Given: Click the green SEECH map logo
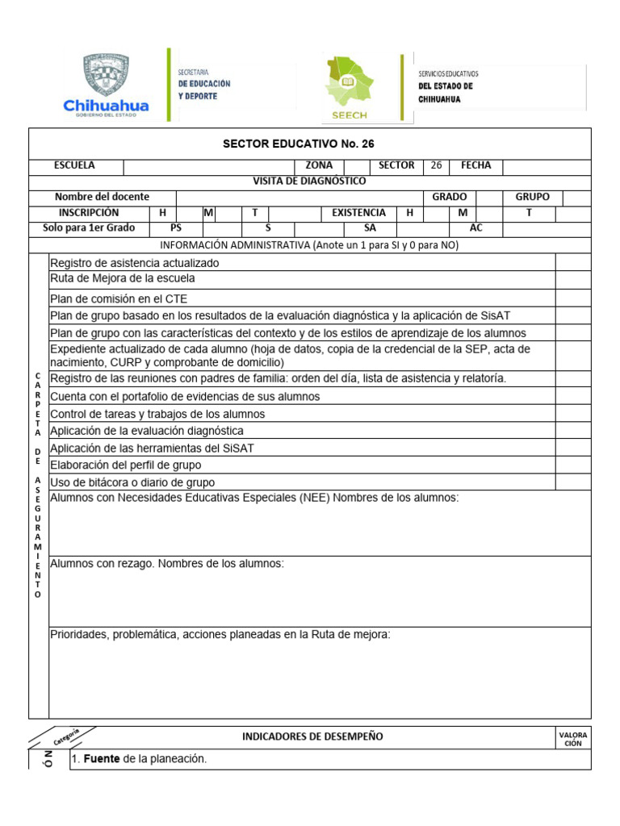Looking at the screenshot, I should click(349, 83).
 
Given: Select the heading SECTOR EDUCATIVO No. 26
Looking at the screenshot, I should click(310, 144).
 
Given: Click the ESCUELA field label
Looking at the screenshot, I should click(74, 165).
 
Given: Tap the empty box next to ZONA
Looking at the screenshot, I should click(356, 166).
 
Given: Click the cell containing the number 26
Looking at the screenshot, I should click(436, 166).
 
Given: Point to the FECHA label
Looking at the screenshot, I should click(475, 166).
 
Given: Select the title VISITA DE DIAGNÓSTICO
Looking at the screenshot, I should click(309, 181).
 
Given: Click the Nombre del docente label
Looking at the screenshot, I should click(102, 198).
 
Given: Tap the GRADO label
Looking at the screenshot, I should click(449, 198).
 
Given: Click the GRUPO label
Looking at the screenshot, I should click(532, 198).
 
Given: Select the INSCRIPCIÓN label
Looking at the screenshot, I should click(88, 213).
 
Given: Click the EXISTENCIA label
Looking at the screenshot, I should click(358, 213).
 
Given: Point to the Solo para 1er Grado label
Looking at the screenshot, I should click(89, 228).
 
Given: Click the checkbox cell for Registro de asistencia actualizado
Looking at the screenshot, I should click(572, 262).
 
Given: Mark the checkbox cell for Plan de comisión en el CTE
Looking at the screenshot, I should click(572, 298).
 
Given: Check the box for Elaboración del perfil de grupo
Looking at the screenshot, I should click(572, 465).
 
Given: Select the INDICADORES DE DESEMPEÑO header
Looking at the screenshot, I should click(312, 736).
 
